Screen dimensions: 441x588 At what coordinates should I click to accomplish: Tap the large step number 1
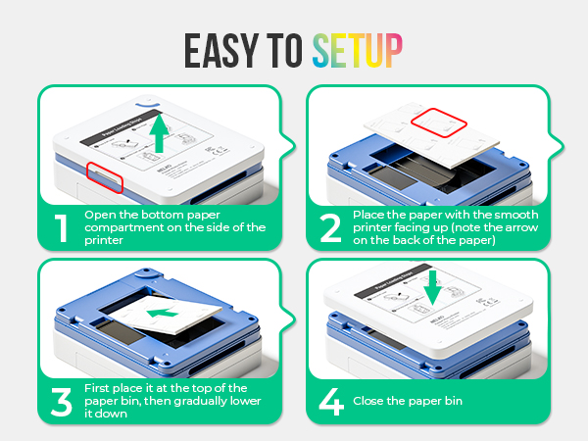point(60,227)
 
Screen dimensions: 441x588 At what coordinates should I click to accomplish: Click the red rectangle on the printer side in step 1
point(104,173)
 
